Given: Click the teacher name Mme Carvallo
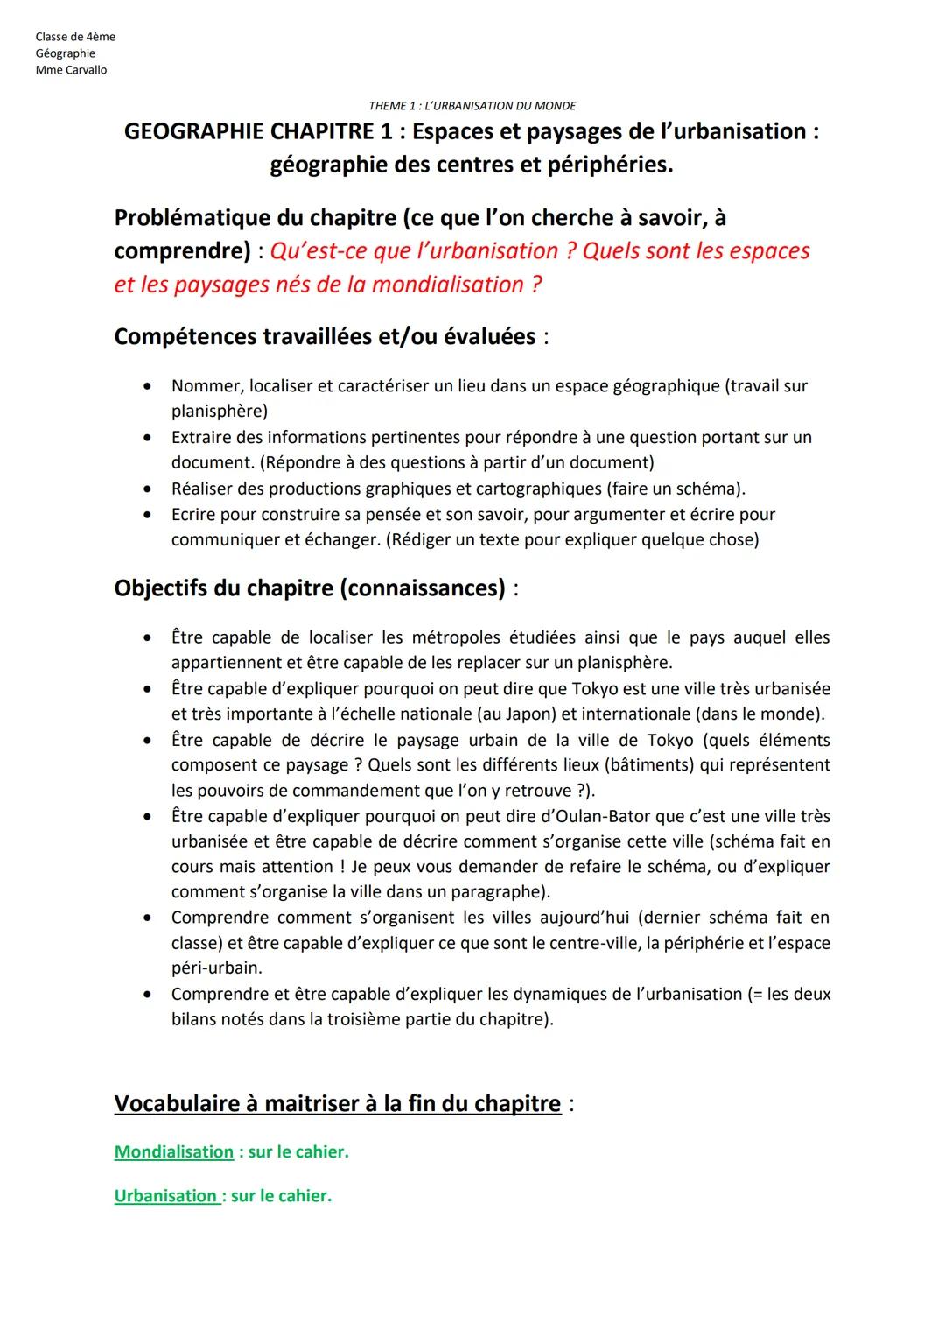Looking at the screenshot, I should point(71,70).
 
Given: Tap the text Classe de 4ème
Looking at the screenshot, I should point(75,37).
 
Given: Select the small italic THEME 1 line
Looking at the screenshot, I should point(472,106).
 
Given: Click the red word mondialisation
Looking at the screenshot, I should point(450,285).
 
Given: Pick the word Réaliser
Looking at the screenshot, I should point(205,489).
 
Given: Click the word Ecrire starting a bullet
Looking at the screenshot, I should point(193,514).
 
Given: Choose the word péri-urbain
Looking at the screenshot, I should point(215,968).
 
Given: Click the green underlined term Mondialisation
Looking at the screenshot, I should point(174,1152).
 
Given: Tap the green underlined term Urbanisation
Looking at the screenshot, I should point(165,1196).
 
